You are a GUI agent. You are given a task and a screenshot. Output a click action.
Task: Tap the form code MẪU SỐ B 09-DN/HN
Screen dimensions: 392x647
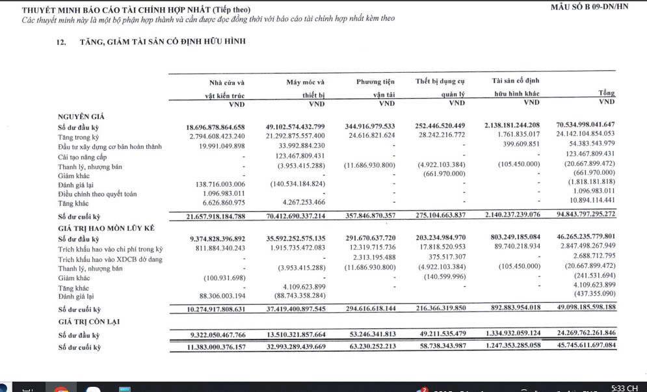click(x=588, y=7)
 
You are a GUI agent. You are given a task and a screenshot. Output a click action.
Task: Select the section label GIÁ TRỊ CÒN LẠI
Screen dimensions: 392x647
click(x=89, y=321)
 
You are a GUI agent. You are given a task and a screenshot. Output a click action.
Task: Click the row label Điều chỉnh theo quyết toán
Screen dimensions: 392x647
click(x=98, y=193)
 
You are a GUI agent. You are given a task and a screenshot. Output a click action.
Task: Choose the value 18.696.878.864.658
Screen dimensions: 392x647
click(x=215, y=126)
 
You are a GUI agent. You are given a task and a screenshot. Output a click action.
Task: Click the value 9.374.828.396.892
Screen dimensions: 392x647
click(x=217, y=239)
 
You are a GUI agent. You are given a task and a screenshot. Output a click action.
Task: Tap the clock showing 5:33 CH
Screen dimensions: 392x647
click(x=625, y=387)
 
